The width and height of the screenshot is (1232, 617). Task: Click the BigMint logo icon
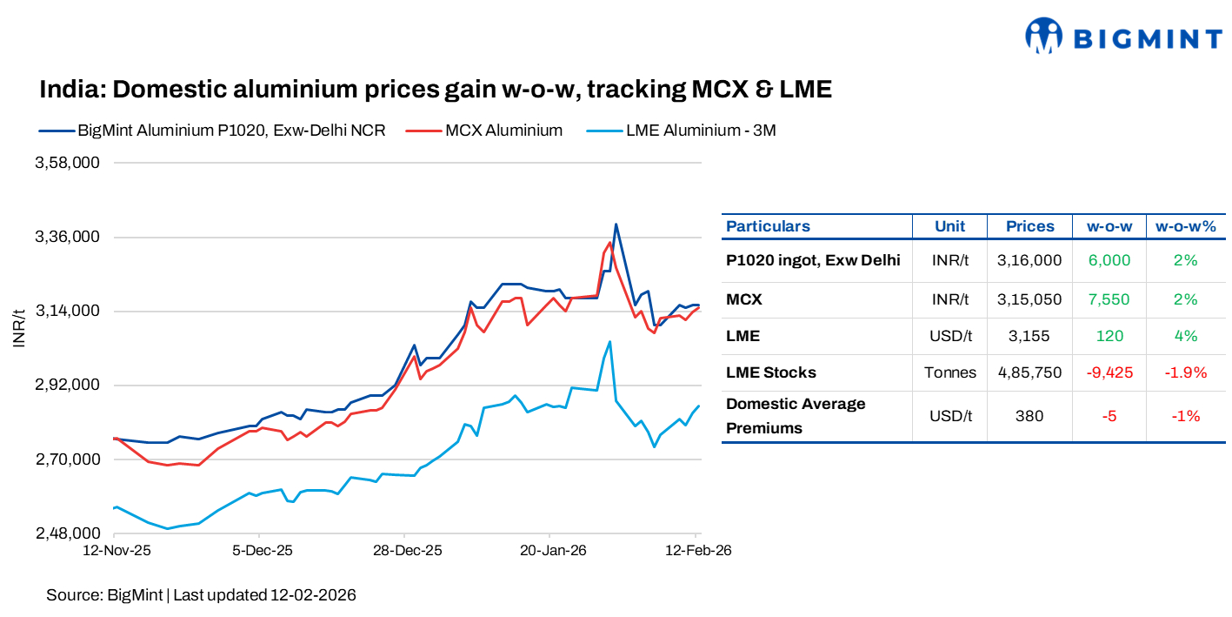tap(1044, 37)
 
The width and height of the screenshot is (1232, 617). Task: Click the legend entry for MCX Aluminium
tap(503, 131)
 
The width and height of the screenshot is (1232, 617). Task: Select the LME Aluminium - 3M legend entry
tap(700, 131)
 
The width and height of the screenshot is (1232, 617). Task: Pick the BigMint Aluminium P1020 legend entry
tap(231, 131)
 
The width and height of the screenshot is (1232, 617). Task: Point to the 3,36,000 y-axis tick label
tap(67, 238)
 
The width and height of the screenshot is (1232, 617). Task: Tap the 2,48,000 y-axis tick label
tap(67, 533)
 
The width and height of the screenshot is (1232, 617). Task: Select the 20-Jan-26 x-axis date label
tap(549, 551)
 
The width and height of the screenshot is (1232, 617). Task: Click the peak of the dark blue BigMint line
tap(616, 225)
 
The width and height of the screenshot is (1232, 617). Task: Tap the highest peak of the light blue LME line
tap(609, 341)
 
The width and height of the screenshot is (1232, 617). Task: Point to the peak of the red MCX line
tap(609, 243)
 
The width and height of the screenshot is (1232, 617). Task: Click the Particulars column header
tap(768, 226)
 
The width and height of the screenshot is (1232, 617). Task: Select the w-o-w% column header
tap(1186, 226)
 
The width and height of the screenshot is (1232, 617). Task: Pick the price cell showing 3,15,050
tap(1029, 299)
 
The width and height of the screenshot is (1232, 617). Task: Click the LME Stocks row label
tap(771, 372)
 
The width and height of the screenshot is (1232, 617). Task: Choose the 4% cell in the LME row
tap(1186, 336)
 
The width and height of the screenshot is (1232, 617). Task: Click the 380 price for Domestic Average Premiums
tap(1029, 416)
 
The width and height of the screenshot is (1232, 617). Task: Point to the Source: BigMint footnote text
tap(201, 595)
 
